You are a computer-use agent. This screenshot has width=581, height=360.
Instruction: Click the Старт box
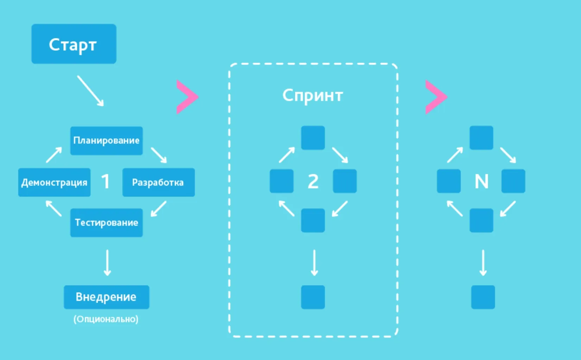(x=74, y=44)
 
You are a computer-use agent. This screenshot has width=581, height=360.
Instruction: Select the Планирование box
(x=107, y=141)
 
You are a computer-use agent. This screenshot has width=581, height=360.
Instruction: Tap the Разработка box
(x=158, y=182)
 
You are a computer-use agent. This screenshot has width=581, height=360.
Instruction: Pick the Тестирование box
(x=107, y=222)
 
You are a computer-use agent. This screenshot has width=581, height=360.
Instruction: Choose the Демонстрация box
(x=55, y=182)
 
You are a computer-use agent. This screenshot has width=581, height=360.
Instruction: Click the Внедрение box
(x=107, y=297)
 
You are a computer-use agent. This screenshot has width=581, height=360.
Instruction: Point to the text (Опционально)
(x=106, y=319)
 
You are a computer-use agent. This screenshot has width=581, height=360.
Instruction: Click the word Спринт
(x=312, y=96)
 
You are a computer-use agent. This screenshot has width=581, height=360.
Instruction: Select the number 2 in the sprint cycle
(x=313, y=181)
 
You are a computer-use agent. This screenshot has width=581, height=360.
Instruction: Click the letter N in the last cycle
(x=481, y=181)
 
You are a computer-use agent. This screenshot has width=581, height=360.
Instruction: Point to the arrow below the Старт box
(x=90, y=91)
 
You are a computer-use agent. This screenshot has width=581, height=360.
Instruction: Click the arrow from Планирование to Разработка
(x=159, y=155)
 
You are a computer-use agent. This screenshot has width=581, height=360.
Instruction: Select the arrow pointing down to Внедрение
(x=107, y=263)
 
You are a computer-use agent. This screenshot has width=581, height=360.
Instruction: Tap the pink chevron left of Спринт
(x=187, y=97)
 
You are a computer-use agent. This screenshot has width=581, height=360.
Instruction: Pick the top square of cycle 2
(x=313, y=138)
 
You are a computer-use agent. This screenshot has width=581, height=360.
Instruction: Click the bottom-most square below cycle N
(x=483, y=297)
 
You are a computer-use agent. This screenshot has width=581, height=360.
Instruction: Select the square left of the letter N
(x=449, y=181)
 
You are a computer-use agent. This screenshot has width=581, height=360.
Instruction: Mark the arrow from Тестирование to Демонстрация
(x=54, y=208)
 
